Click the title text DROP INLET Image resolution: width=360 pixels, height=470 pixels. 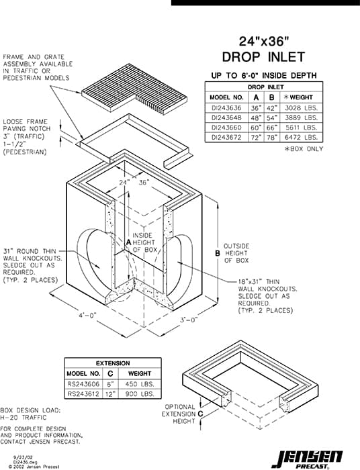263,57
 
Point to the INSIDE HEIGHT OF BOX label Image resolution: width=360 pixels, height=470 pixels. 144,242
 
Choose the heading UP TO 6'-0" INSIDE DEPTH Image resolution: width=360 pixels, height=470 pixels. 264,76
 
